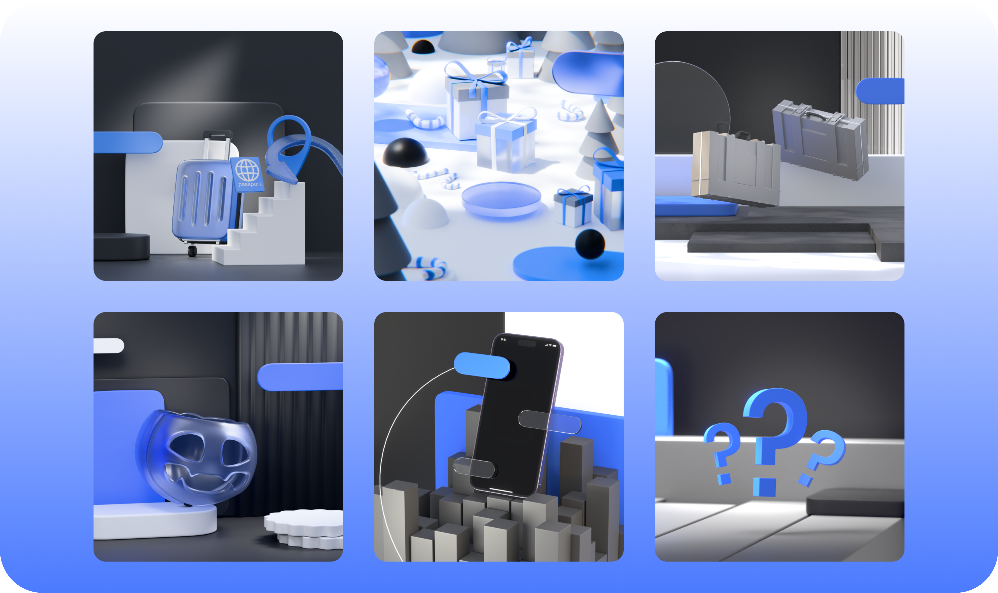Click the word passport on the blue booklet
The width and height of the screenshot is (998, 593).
tap(249, 184)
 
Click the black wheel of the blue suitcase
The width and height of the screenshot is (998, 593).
tap(193, 251)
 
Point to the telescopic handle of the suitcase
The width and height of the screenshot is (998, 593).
tap(217, 145)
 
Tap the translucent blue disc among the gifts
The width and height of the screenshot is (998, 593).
tap(501, 199)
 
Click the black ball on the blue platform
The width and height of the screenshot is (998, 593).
tap(590, 244)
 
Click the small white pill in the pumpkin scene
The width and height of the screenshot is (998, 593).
tap(109, 346)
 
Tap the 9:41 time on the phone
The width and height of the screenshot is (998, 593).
tap(504, 340)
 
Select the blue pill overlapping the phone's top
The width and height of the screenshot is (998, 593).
tap(482, 365)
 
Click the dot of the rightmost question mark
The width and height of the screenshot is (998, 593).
tap(805, 480)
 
